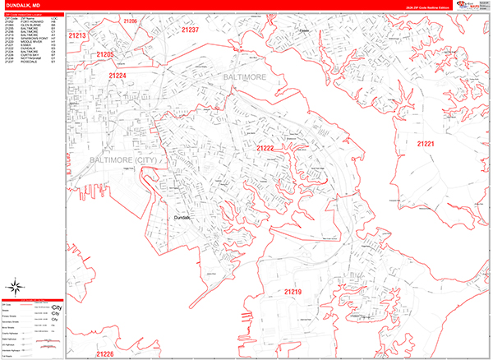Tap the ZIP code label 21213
click(x=78, y=36)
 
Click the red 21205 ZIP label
click(x=104, y=54)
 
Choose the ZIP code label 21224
click(x=117, y=75)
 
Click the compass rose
click(x=15, y=287)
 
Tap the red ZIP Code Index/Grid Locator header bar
click(x=33, y=14)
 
